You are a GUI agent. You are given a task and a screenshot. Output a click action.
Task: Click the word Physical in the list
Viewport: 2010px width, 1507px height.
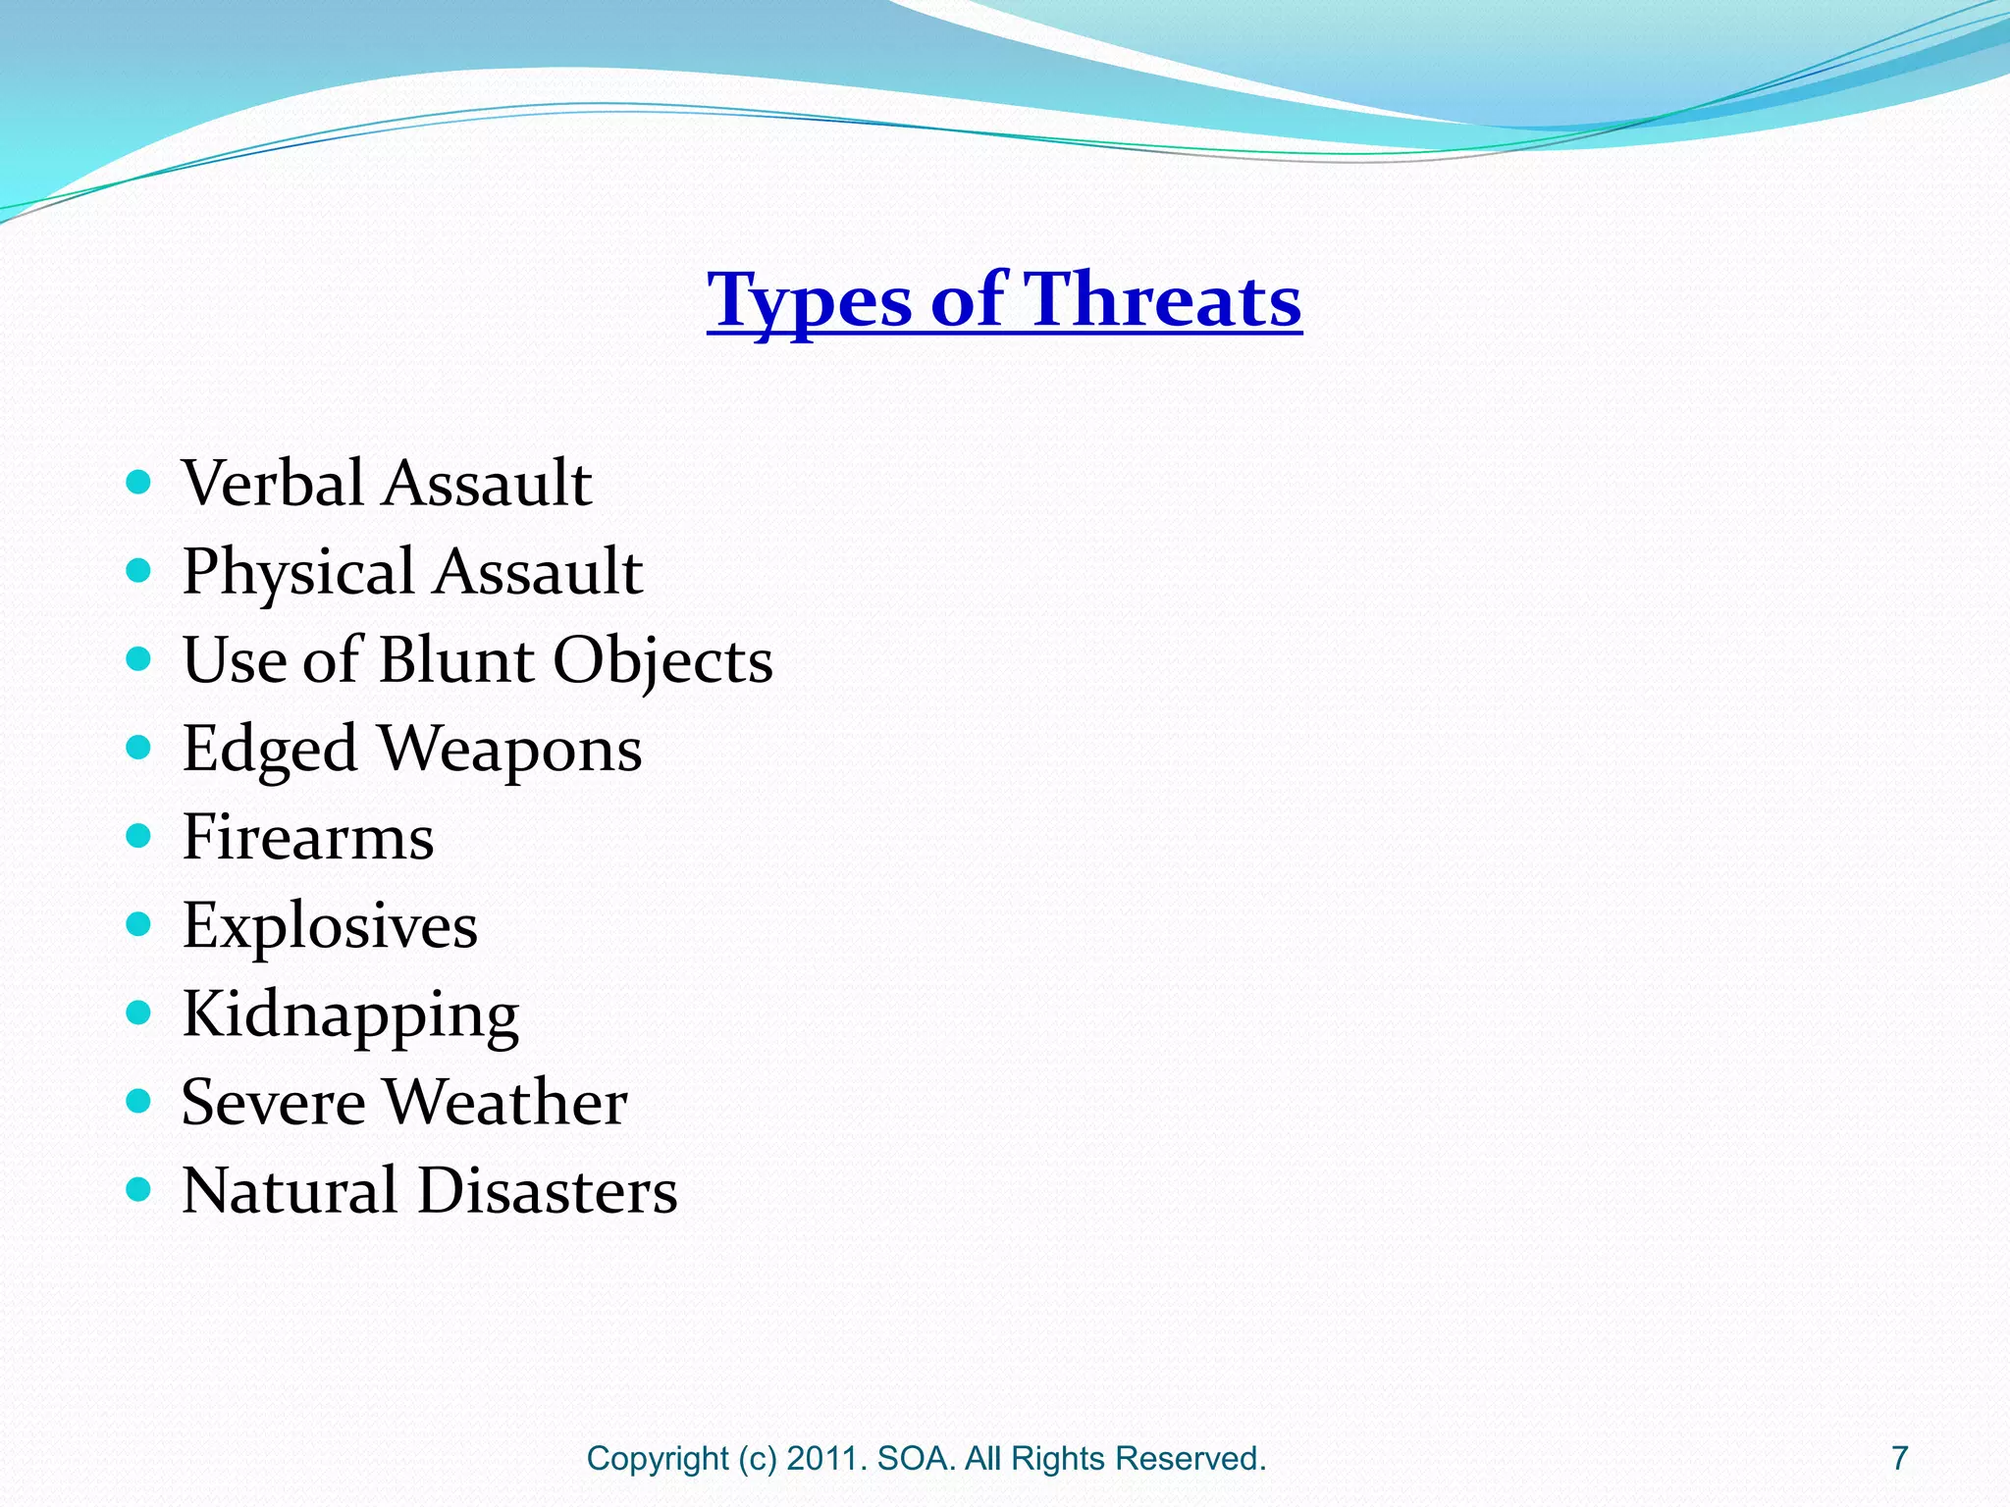(x=298, y=573)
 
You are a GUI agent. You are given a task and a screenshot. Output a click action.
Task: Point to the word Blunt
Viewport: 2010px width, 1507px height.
(x=456, y=659)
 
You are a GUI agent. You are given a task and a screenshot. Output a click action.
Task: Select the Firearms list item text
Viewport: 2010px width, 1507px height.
(x=307, y=837)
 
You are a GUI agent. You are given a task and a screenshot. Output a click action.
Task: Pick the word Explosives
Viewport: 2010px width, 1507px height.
(x=330, y=926)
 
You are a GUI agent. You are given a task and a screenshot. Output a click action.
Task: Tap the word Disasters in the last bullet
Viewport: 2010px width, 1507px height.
(x=547, y=1191)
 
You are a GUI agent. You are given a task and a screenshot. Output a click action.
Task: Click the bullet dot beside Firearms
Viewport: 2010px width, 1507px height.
(x=139, y=836)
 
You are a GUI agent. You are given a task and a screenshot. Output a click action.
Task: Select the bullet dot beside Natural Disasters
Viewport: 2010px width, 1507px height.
(x=139, y=1190)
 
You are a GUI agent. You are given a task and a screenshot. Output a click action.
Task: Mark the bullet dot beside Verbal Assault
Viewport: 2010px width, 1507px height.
(x=139, y=482)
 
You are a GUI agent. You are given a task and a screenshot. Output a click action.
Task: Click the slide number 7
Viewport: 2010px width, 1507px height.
(x=1899, y=1458)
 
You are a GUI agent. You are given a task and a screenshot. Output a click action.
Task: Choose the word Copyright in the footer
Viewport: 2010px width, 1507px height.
(x=658, y=1459)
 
